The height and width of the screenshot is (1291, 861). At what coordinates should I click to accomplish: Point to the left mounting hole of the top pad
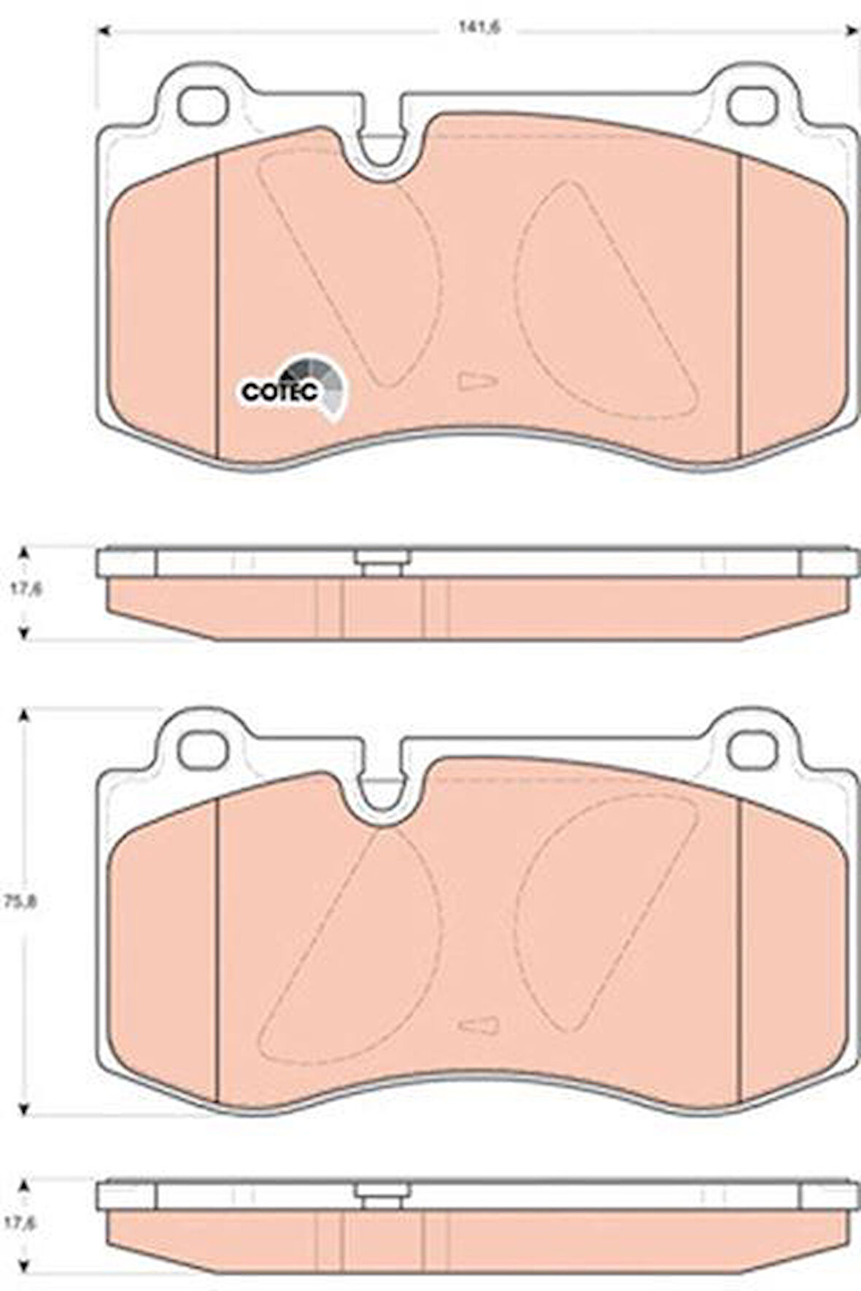[x=201, y=105]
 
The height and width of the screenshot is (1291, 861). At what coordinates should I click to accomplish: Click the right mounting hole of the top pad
[x=754, y=105]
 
